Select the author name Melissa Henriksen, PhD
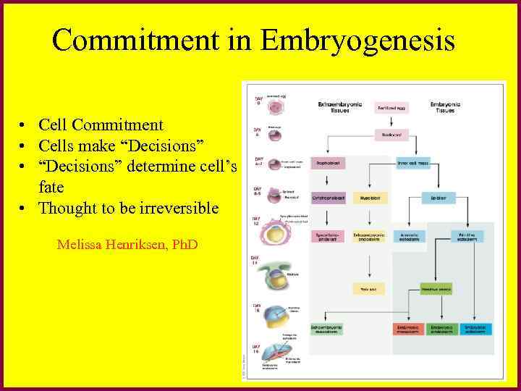click(127, 244)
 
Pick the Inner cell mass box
click(413, 164)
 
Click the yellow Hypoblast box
click(370, 198)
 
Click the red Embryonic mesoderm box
click(408, 329)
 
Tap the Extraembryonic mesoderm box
click(327, 329)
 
